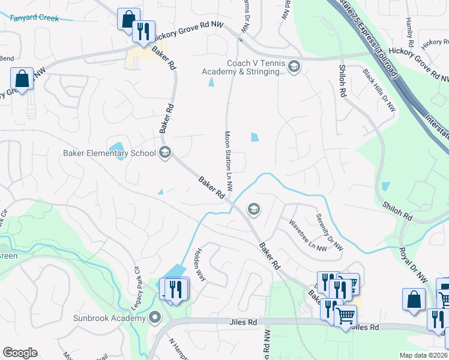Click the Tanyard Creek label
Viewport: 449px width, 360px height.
pos(35,18)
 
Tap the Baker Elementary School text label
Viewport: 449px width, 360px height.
pos(109,153)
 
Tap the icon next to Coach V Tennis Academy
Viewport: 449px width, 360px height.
pos(294,67)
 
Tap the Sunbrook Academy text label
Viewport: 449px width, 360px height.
pos(110,317)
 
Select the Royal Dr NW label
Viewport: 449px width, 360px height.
pos(414,264)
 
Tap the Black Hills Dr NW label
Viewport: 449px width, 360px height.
pos(379,91)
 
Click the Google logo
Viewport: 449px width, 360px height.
pos(20,353)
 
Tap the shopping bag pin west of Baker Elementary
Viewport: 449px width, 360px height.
pos(22,79)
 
